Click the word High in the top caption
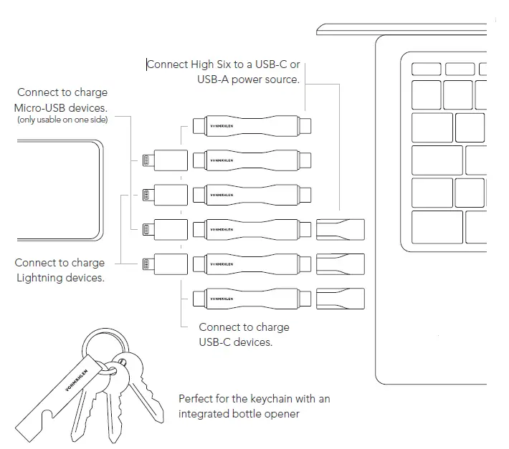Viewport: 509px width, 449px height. tap(205, 64)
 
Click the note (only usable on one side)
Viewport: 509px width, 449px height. tap(62, 119)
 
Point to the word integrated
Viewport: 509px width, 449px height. tap(208, 413)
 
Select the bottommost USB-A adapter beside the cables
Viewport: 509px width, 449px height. tap(341, 298)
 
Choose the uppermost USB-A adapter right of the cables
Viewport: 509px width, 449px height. tap(341, 229)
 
